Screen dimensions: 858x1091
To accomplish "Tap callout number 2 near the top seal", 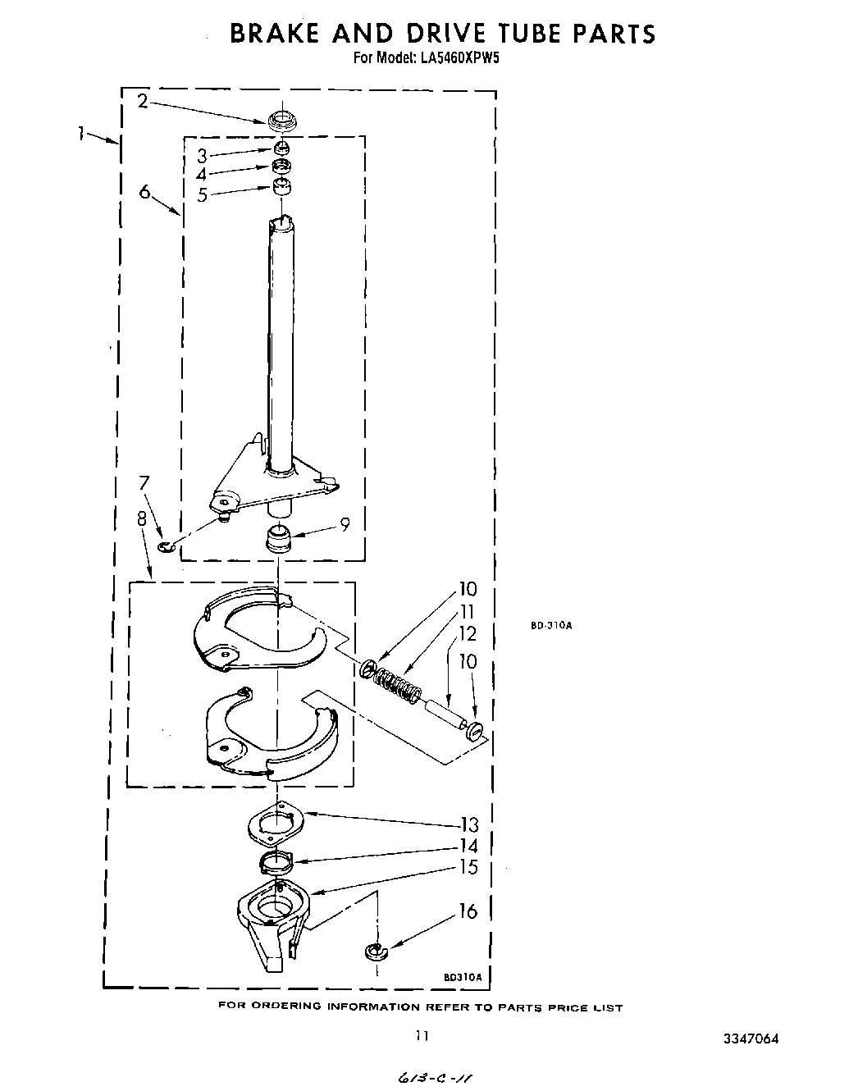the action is coord(143,102).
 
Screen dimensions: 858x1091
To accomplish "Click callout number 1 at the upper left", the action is coord(82,133).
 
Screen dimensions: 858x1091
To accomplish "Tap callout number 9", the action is coord(345,524).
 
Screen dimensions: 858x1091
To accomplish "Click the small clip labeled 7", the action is coord(167,546).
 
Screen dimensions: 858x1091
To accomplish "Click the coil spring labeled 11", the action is coord(396,683).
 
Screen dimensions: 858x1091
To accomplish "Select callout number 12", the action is coord(468,633).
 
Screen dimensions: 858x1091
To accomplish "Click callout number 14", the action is coord(468,847).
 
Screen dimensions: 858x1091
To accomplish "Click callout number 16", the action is coord(468,911).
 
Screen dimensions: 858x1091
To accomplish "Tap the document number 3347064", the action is coord(750,1039).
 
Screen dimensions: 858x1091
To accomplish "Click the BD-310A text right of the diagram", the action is coord(550,625).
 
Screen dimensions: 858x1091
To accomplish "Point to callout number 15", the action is coord(468,867).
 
